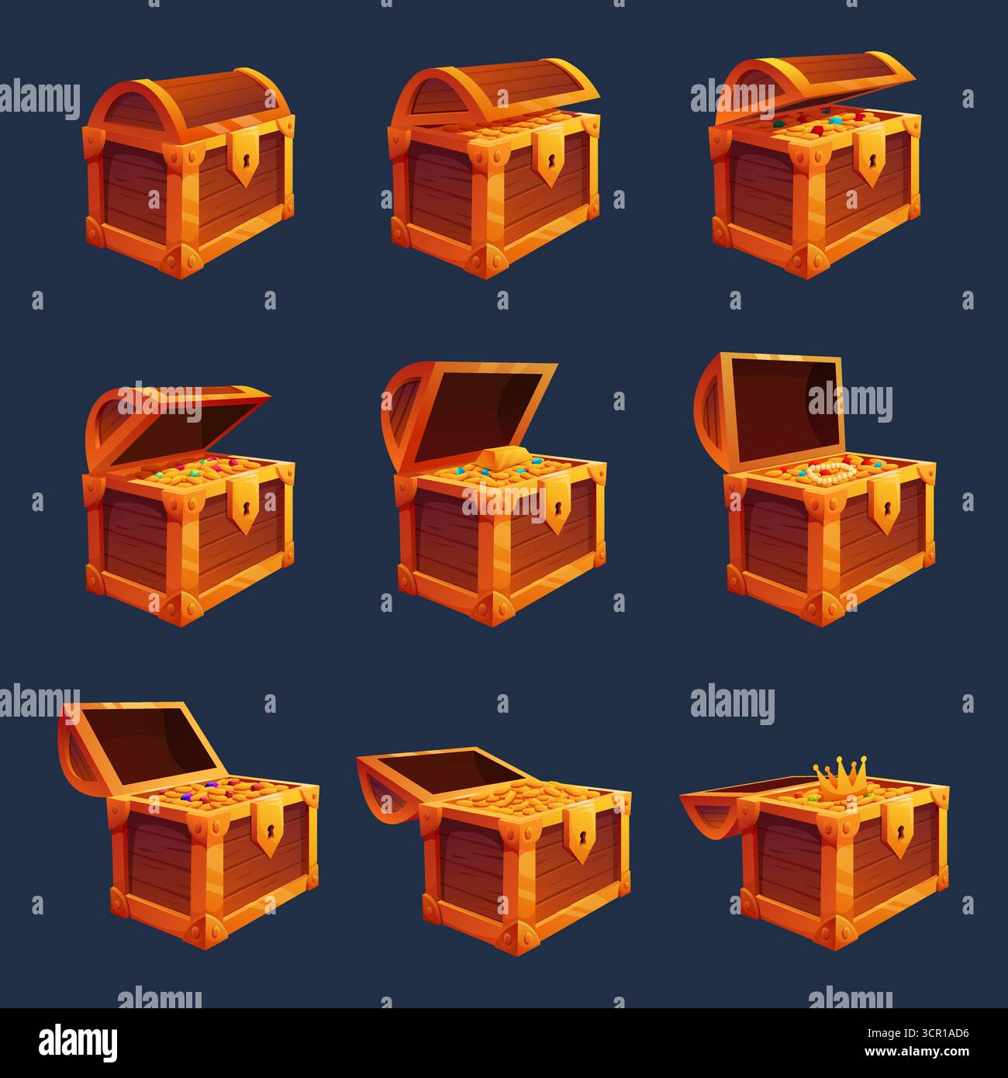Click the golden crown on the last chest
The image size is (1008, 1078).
841,775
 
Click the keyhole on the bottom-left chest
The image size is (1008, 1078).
271,831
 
